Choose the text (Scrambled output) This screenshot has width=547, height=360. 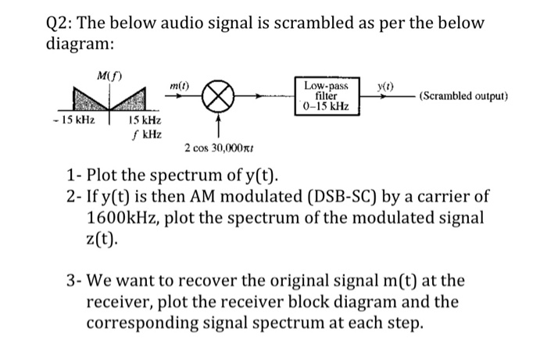pyautogui.click(x=463, y=97)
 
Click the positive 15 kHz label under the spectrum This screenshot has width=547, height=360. pyautogui.click(x=145, y=122)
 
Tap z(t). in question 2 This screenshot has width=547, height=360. pyautogui.click(x=102, y=239)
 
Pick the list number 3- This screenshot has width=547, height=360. pyautogui.click(x=74, y=280)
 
